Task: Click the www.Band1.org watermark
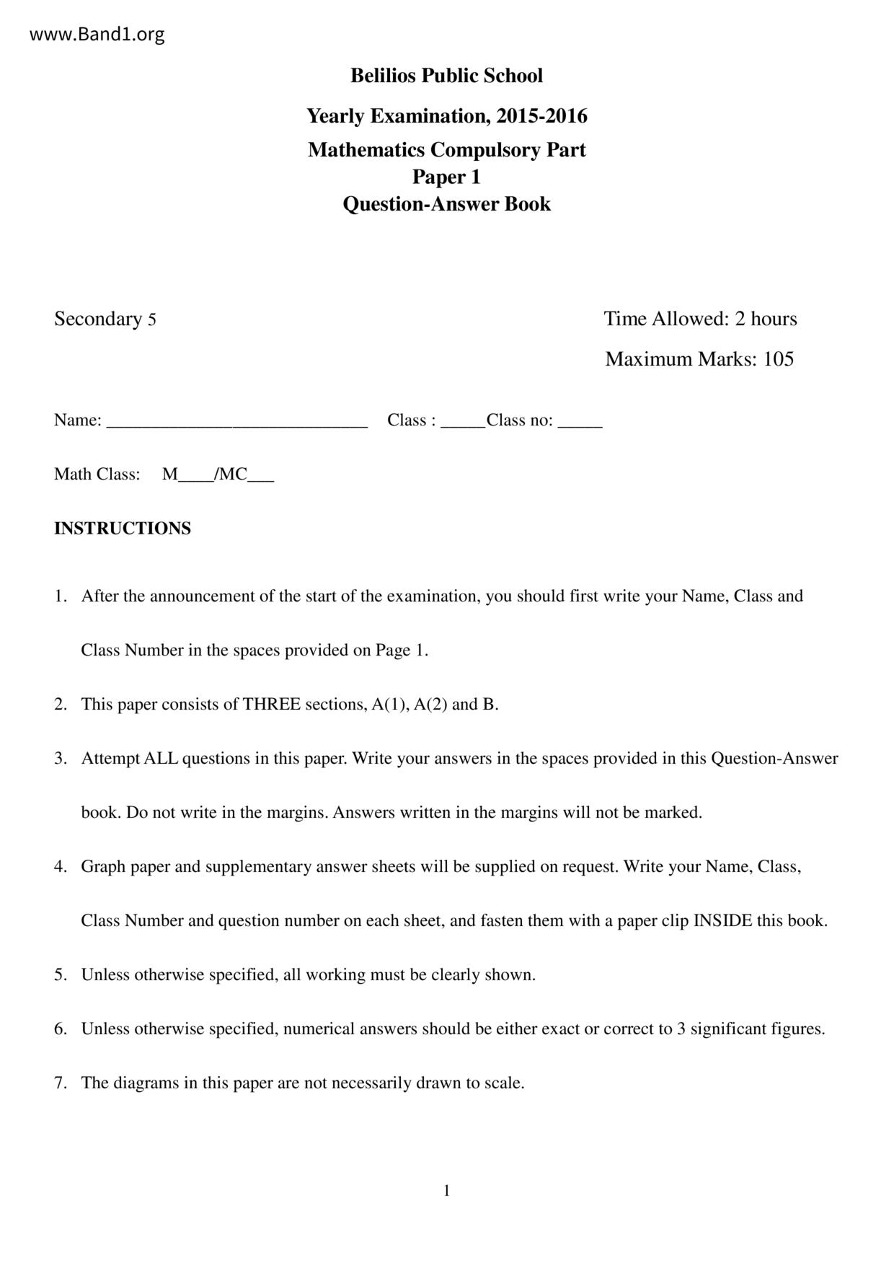click(x=97, y=35)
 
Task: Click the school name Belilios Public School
click(x=446, y=76)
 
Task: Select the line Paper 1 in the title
click(x=446, y=177)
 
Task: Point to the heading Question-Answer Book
click(x=446, y=204)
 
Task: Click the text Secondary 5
click(x=105, y=319)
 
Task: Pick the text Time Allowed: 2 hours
click(x=700, y=319)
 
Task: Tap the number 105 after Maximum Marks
click(x=779, y=359)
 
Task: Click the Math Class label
click(x=97, y=474)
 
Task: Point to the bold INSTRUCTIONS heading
click(x=123, y=529)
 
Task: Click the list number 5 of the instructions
click(x=60, y=975)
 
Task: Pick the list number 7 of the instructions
click(x=60, y=1083)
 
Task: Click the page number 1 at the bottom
click(x=446, y=1191)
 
